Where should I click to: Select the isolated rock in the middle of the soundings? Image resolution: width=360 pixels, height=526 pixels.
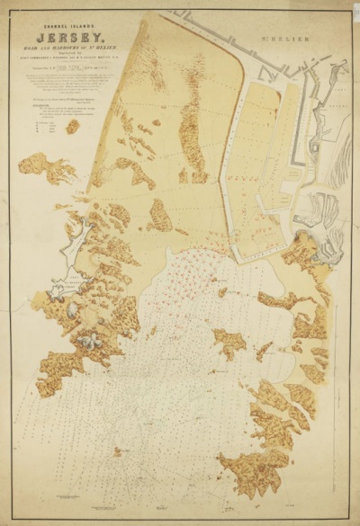pos(229,341)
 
